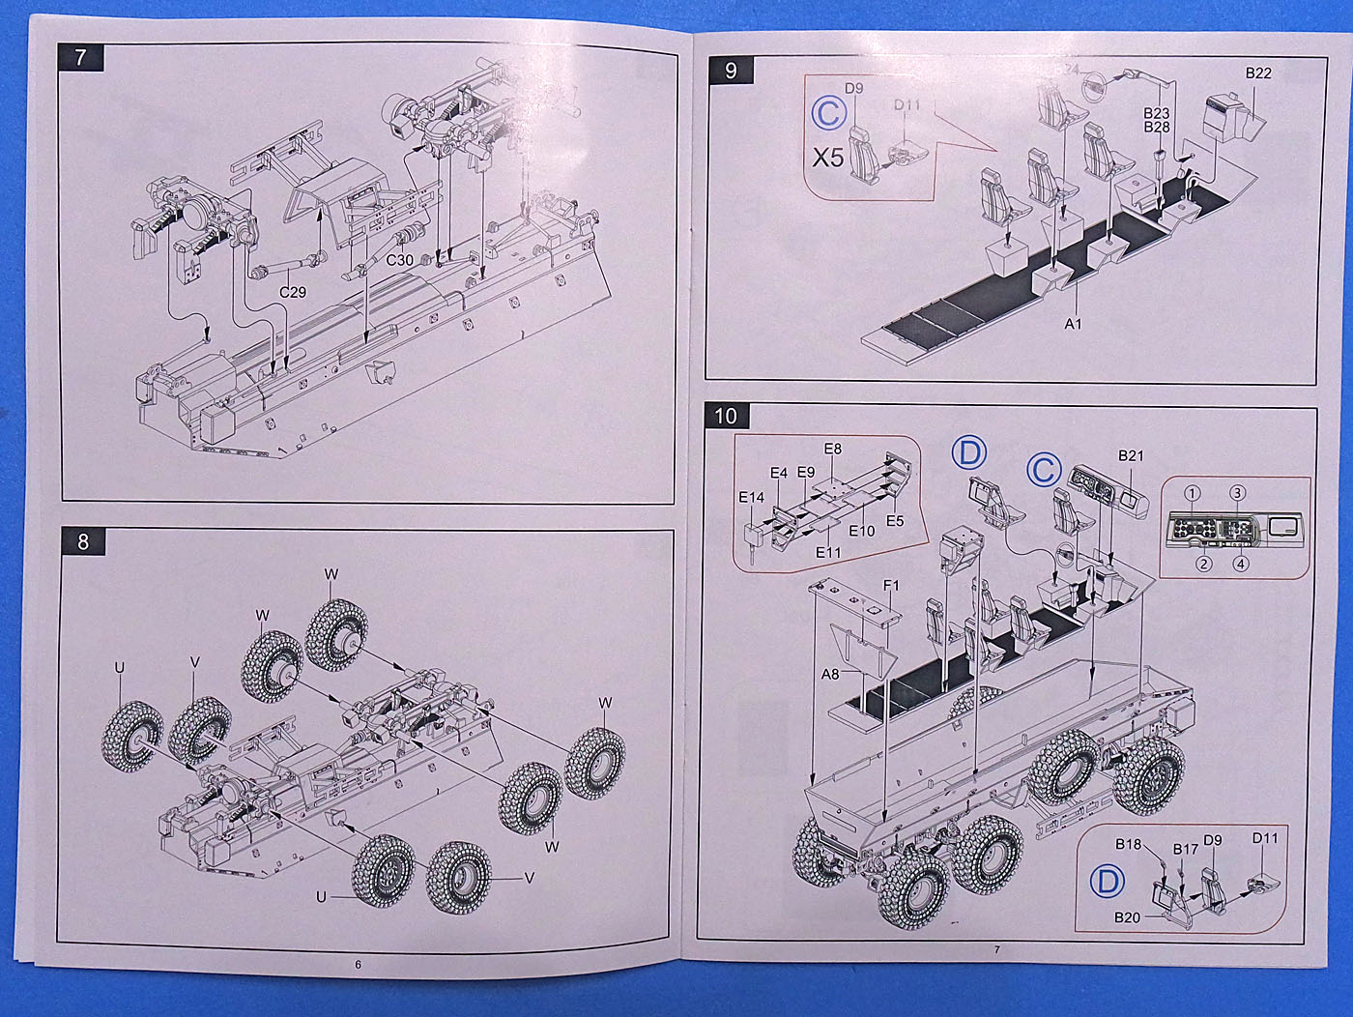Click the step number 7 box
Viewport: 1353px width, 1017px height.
point(80,57)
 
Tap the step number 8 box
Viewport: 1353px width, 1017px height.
point(82,541)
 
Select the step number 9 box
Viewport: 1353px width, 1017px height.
point(730,70)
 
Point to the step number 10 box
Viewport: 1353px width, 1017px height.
point(726,416)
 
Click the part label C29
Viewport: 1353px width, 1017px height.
point(292,291)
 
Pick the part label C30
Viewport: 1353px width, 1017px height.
point(399,260)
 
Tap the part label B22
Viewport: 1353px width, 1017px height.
point(1257,73)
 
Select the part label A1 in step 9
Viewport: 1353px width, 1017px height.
point(1073,324)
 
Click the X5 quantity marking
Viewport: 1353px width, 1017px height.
point(827,157)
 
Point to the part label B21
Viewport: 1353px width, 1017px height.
point(1131,455)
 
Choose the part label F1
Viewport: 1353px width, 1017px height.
point(890,585)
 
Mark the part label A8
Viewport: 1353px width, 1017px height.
point(829,674)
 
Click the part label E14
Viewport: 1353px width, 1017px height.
point(751,498)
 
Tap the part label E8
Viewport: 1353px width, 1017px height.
point(832,449)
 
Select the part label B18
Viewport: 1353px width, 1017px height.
point(1128,844)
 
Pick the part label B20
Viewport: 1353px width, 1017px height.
point(1127,916)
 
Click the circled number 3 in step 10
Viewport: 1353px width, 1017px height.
point(1237,493)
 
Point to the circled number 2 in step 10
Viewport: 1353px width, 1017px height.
point(1203,564)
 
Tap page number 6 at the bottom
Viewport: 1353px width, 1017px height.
point(358,964)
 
